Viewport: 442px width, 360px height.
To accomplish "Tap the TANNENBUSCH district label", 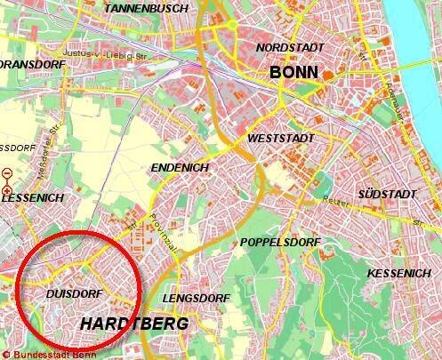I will click(149, 8).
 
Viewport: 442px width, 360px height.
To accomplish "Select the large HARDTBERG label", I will click(134, 324).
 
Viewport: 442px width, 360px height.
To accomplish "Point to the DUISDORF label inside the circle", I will click(68, 292).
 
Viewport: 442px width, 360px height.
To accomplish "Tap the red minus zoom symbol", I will click(8, 174).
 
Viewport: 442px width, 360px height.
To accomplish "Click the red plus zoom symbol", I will click(8, 190).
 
